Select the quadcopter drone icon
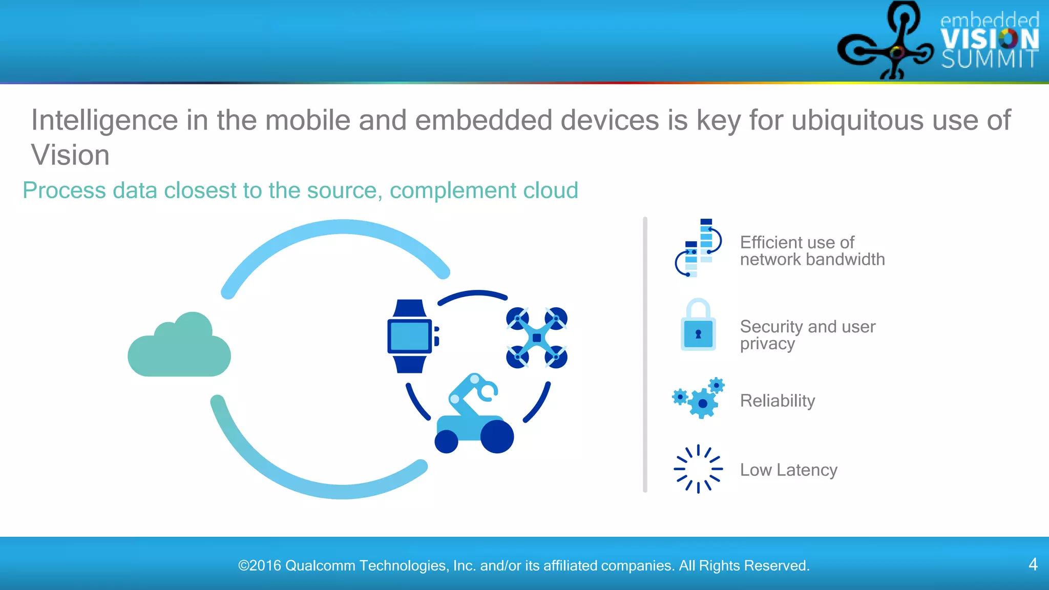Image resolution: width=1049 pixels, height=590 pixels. click(536, 338)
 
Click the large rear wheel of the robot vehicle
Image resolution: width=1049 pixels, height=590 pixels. click(496, 436)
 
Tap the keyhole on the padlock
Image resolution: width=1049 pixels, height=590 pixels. click(698, 334)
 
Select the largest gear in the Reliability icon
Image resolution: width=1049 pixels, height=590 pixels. click(703, 404)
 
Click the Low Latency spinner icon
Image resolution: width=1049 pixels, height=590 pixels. click(698, 469)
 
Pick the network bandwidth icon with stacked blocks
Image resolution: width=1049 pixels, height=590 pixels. click(699, 248)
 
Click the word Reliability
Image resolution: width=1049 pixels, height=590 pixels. click(777, 401)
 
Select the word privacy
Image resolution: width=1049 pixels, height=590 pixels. click(767, 344)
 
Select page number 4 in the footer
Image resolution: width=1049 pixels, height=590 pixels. click(1033, 564)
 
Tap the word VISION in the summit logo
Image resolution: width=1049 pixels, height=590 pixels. click(989, 39)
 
